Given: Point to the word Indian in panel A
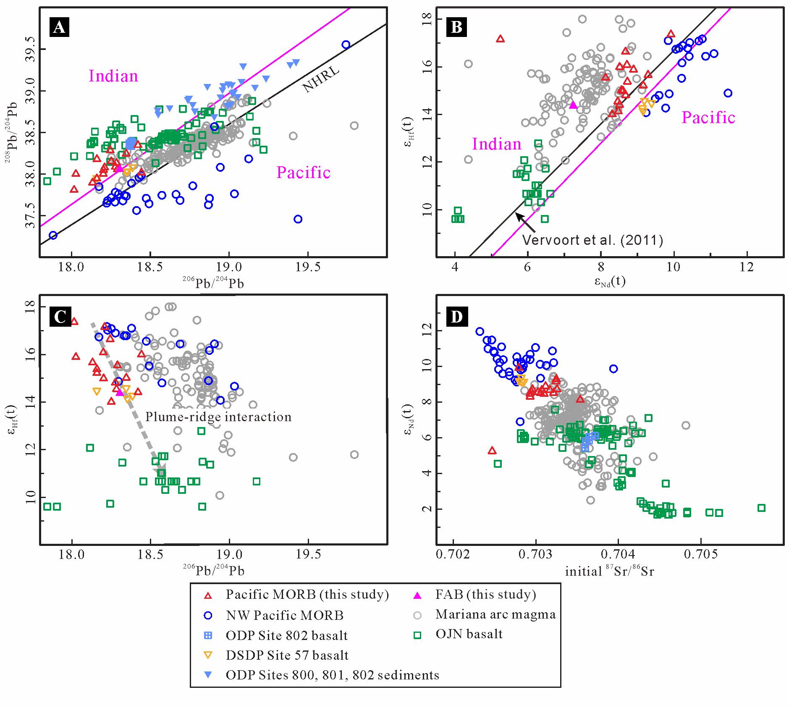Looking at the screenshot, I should coord(113,76).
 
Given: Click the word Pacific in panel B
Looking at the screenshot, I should coord(708,118).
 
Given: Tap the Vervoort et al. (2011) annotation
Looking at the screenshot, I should coord(592,240).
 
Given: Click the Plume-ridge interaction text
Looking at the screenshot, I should coord(218,417).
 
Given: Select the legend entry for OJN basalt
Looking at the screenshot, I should coord(469,634).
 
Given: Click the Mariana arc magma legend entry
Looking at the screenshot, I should coord(495,614).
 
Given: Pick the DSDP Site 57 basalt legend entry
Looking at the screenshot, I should coord(287,655).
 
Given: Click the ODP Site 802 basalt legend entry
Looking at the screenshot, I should coord(287,635).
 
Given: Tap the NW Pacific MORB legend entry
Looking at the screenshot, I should coord(285,616).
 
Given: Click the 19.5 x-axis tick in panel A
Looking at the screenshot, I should coord(307,268).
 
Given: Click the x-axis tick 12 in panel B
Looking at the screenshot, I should coord(747,267).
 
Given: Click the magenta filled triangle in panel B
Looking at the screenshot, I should coord(574,105).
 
